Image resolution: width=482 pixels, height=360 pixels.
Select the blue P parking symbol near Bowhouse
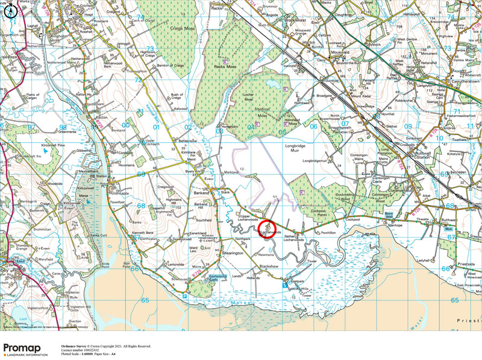184,296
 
